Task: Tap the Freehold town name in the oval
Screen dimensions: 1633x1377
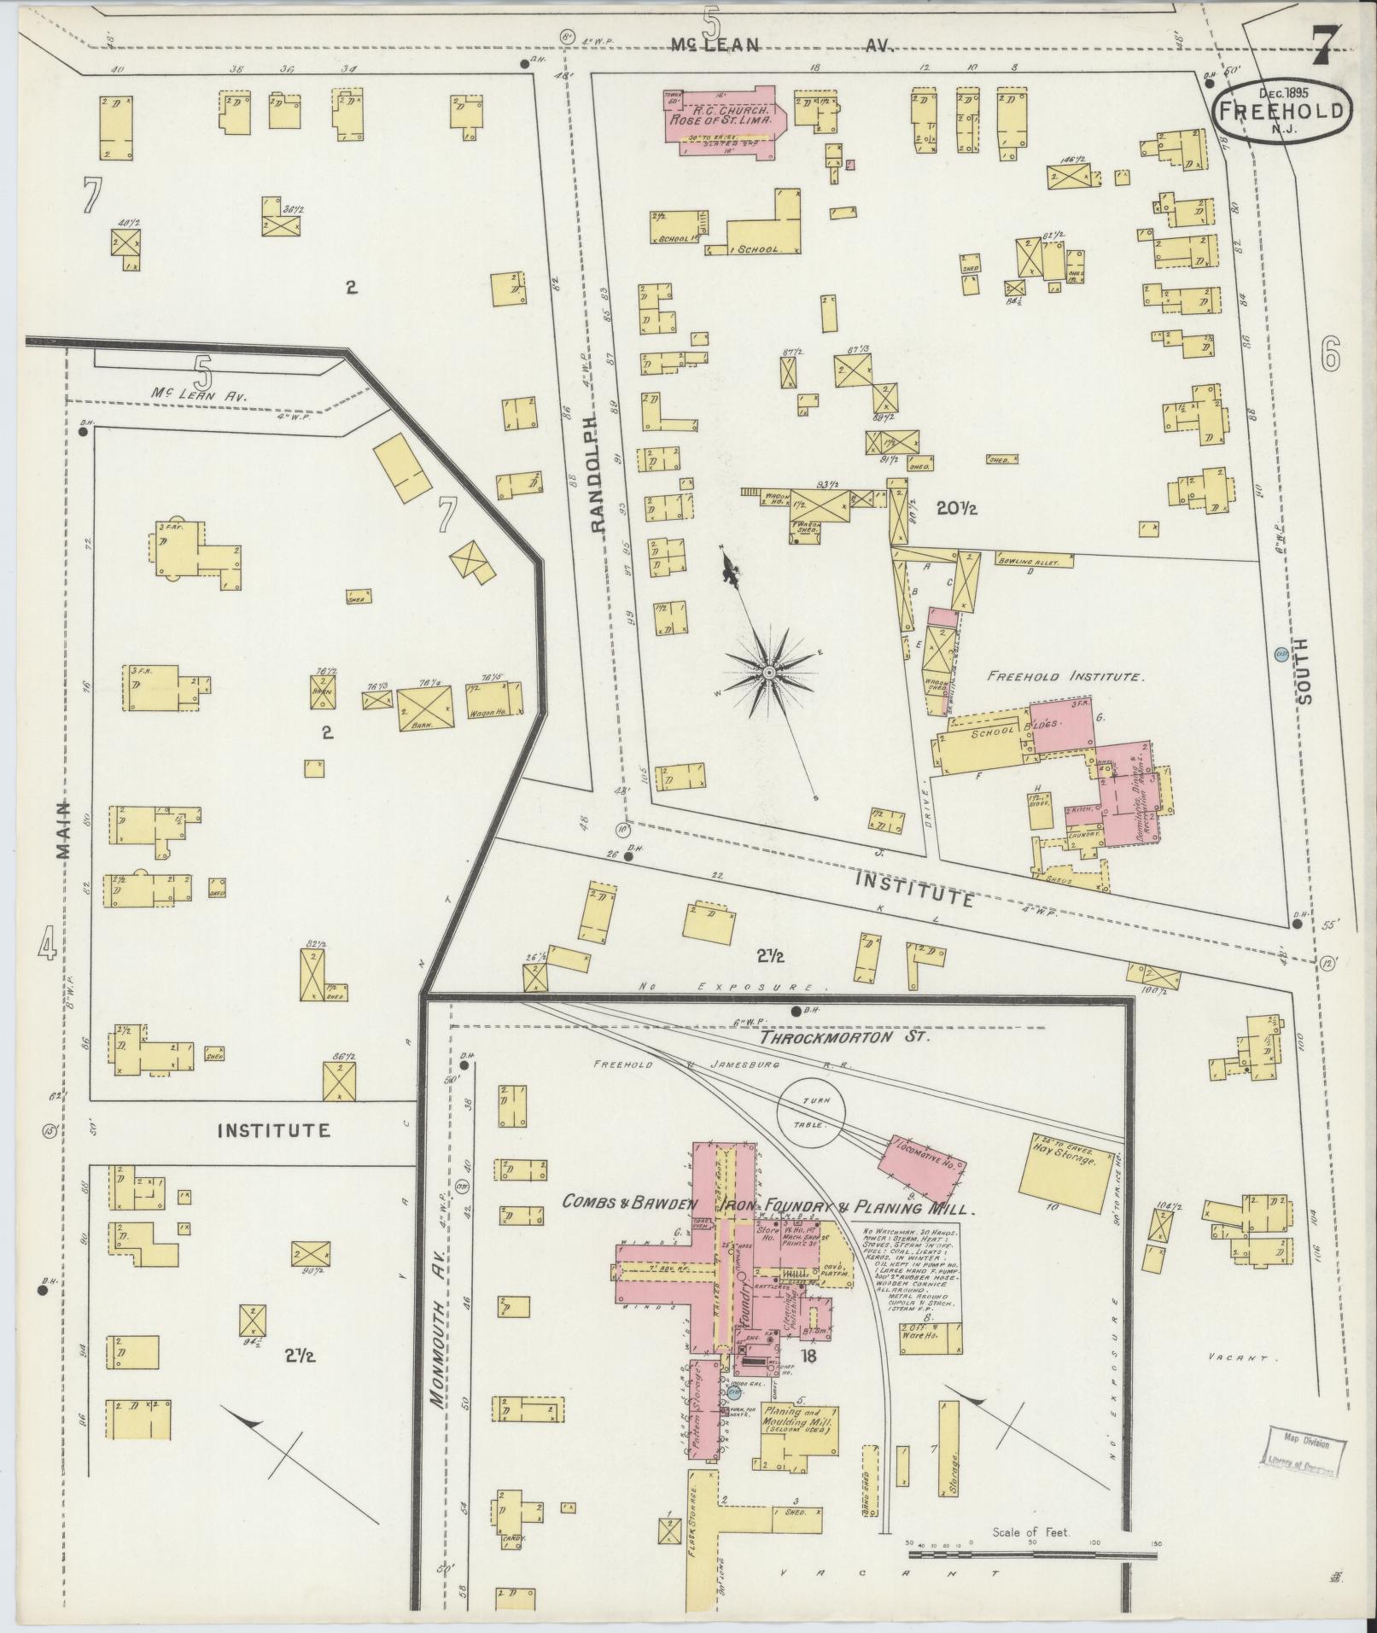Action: click(x=1284, y=109)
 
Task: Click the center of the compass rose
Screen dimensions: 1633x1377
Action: click(x=769, y=674)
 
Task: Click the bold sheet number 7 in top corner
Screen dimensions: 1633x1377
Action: click(x=1324, y=44)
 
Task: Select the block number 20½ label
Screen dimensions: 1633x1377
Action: click(x=956, y=509)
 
